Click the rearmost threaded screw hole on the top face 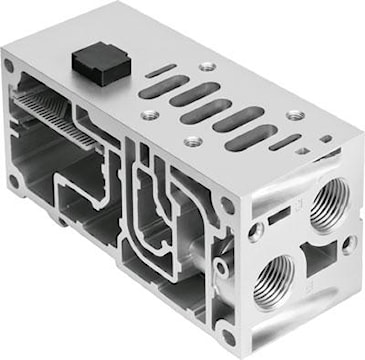tap(206, 66)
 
